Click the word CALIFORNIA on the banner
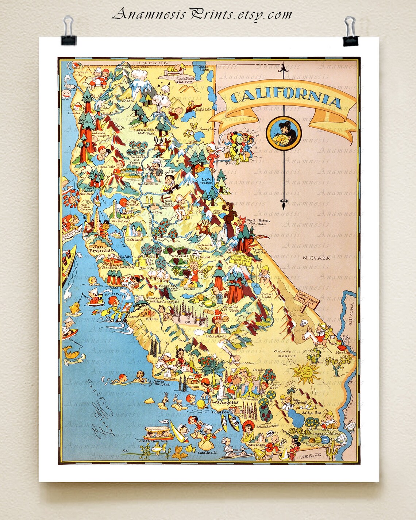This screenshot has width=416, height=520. pyautogui.click(x=286, y=97)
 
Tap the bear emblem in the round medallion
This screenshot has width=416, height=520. pyautogui.click(x=284, y=134)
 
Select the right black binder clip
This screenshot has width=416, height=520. pyautogui.click(x=350, y=32)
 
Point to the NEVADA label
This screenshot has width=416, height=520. pyautogui.click(x=316, y=258)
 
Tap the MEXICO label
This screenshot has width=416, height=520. pyautogui.click(x=310, y=456)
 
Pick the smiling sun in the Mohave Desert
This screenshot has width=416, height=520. pyautogui.click(x=305, y=372)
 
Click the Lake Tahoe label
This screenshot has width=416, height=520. pyautogui.click(x=206, y=181)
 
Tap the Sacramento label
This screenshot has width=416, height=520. pyautogui.click(x=148, y=184)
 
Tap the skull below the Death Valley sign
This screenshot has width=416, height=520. pyautogui.click(x=303, y=323)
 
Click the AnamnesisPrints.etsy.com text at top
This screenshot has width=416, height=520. pyautogui.click(x=202, y=15)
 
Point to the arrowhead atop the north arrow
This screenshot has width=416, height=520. pyautogui.click(x=284, y=67)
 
